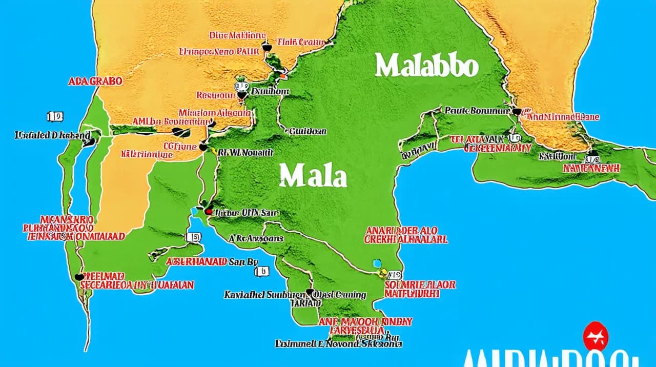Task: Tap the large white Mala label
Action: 313,176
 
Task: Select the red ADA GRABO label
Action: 95,81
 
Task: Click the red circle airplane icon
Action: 596,336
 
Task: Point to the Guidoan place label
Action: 307,131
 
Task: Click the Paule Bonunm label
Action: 477,110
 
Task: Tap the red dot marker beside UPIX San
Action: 208,211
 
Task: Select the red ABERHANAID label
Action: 197,261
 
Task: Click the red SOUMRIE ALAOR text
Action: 420,284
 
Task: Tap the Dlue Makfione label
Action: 237,35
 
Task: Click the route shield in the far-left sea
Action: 55,117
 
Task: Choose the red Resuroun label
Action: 215,95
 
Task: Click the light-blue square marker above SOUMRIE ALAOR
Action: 378,263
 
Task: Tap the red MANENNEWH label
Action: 591,168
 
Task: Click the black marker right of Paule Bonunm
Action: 516,111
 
